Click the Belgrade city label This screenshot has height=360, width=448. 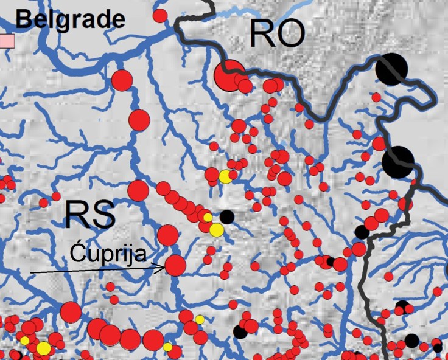[70, 19]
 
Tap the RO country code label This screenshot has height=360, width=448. [276, 35]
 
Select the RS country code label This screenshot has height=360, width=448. [89, 215]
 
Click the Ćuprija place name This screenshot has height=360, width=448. [108, 252]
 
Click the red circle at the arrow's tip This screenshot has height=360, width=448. [175, 266]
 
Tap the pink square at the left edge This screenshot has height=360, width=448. [6, 41]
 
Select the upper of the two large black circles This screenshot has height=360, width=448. [391, 69]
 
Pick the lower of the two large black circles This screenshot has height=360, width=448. [398, 161]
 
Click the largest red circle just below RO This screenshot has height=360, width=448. [229, 75]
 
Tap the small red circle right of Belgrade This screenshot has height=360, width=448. [160, 15]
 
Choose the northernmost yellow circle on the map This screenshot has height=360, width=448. [225, 176]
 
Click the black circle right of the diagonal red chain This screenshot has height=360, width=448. [226, 216]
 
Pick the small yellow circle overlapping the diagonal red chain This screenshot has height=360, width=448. [207, 217]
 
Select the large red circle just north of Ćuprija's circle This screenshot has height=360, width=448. [167, 235]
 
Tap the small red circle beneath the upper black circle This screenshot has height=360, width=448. [376, 97]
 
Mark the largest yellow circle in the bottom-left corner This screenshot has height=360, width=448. [43, 348]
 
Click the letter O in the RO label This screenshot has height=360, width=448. [290, 35]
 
